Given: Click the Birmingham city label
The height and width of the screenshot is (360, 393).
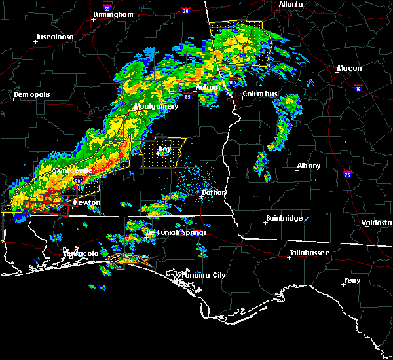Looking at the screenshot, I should click(113, 14).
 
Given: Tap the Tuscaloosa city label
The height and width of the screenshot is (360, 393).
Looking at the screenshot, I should click(54, 37).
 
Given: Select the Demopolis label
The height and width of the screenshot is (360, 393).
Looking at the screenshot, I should click(31, 94).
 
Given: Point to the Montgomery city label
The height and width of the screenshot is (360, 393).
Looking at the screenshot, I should click(156, 106).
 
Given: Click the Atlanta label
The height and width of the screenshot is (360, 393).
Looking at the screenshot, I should click(291, 4).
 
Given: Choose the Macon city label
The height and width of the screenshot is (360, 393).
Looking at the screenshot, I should click(349, 69).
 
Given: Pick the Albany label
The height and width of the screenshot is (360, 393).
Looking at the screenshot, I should click(309, 166).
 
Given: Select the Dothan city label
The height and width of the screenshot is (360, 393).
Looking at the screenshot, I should click(214, 193).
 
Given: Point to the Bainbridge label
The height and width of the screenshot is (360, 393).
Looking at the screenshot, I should click(284, 218).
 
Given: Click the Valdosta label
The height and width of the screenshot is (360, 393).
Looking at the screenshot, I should click(377, 223).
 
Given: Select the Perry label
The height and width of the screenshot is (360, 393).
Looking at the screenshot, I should click(352, 281).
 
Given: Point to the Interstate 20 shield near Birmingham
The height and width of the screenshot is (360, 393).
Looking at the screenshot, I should click(186, 10).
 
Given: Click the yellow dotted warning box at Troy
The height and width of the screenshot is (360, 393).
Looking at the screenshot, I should click(163, 152).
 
